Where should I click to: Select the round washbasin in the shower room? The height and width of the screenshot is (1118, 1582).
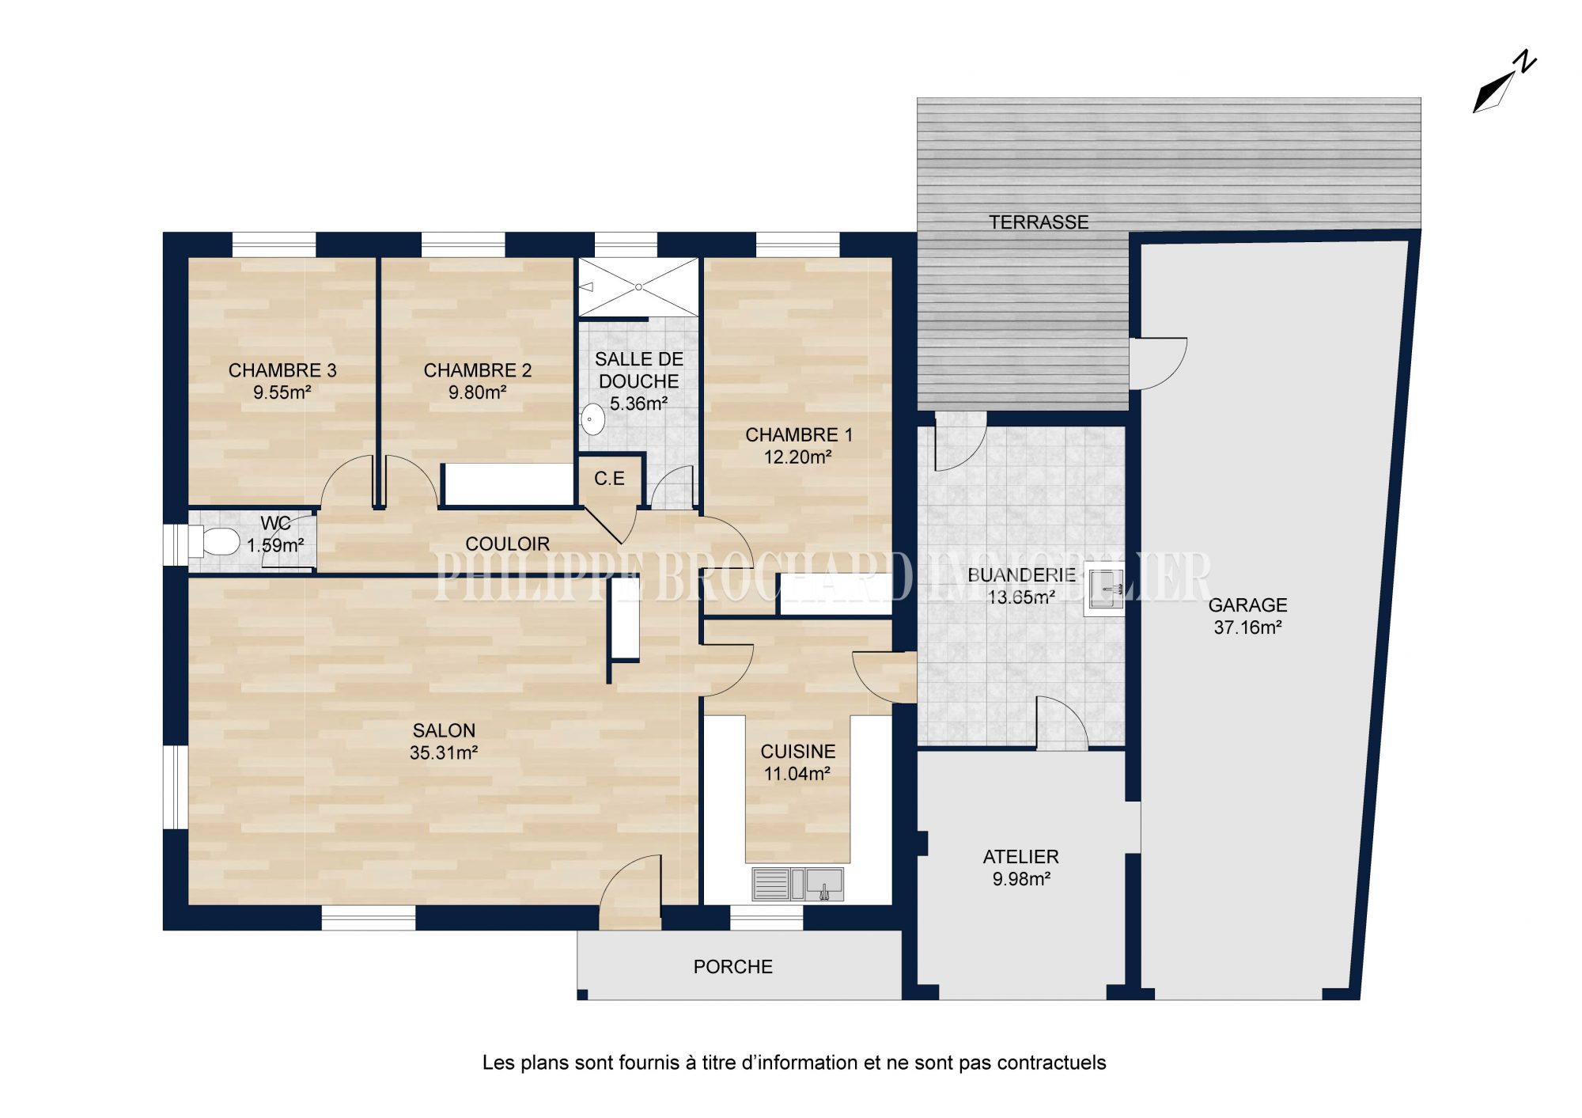593,419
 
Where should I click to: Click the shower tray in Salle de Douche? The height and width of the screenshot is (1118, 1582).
638,286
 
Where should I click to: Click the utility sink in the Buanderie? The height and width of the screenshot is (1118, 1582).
1104,589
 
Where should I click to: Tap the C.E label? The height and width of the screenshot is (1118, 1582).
609,479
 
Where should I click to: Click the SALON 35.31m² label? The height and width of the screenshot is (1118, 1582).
444,741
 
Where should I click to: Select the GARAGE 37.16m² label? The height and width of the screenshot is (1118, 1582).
1248,616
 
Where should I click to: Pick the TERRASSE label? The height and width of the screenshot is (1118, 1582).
1039,222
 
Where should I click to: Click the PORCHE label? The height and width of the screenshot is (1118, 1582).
733,967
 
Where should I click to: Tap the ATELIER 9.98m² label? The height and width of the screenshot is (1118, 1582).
1021,867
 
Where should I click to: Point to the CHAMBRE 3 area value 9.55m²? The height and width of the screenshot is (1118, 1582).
282,392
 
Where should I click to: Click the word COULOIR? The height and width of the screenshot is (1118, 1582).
507,544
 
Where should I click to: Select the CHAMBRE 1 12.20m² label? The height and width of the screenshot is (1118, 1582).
799,445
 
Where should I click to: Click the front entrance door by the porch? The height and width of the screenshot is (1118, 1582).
630,893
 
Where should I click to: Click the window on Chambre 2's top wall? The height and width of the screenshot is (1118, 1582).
463,244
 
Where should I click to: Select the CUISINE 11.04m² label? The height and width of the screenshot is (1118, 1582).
798,763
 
